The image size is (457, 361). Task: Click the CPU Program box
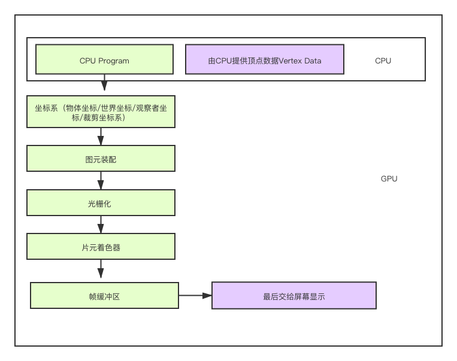104,60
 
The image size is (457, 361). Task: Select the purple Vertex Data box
264,60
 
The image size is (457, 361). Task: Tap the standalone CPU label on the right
383,60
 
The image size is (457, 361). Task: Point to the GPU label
389,178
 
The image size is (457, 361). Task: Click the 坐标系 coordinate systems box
101,112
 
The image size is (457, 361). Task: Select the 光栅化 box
101,204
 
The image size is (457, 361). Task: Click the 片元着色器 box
101,247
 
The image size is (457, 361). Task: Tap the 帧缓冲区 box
104,296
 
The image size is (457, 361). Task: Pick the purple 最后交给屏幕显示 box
293,296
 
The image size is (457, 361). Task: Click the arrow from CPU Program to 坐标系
104,84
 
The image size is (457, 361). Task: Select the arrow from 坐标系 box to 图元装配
101,137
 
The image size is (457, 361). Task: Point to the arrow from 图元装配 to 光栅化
101,181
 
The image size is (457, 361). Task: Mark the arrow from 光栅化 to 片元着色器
101,225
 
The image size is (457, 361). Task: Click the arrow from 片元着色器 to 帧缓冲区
101,269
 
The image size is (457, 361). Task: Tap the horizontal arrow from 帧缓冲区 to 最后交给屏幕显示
195,295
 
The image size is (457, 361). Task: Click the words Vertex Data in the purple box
298,60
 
